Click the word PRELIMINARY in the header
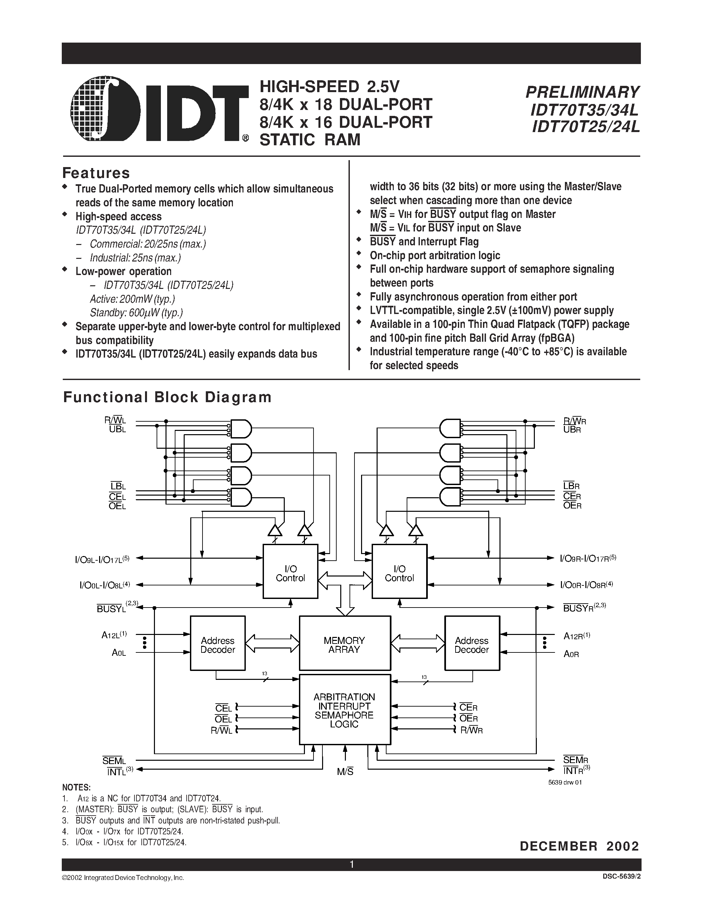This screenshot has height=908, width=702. pos(582,92)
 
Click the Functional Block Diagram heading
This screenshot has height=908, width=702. pos(167,397)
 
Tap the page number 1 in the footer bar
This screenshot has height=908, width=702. pos(351,864)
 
